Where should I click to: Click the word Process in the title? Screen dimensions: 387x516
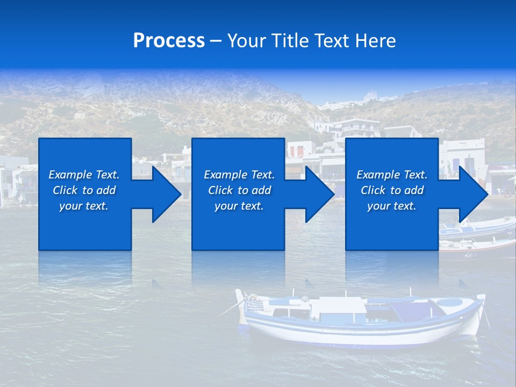pyautogui.click(x=169, y=41)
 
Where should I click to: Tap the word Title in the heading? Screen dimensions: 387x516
pyautogui.click(x=289, y=41)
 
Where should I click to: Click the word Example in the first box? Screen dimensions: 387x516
pyautogui.click(x=70, y=175)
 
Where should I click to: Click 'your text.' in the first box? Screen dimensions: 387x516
pyautogui.click(x=84, y=206)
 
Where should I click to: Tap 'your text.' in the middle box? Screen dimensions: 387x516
pyautogui.click(x=239, y=206)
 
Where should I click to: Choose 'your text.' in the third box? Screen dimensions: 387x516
pyautogui.click(x=392, y=206)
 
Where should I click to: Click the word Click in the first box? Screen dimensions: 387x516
pyautogui.click(x=65, y=190)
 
